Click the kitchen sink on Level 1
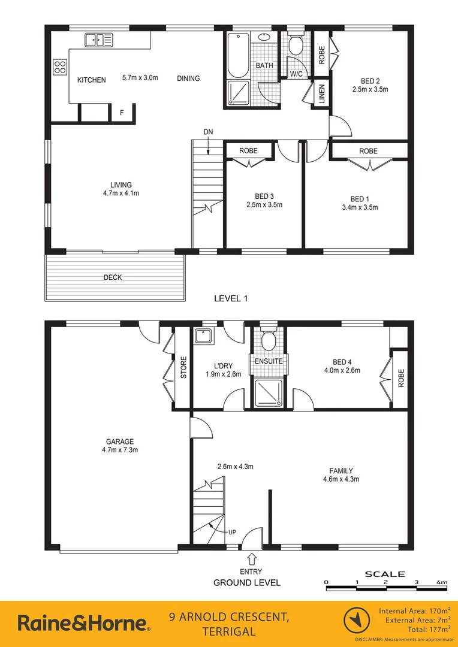point(99,40)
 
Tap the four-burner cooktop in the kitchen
point(60,66)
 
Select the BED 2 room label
point(370,81)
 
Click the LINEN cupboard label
point(321,93)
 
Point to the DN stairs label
point(207,132)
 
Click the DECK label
point(113,277)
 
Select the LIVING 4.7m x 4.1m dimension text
point(120,194)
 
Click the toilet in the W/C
point(296,44)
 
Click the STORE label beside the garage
point(183,368)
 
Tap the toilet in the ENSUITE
point(269,342)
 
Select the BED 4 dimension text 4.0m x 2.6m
point(341,371)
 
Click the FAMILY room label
point(341,471)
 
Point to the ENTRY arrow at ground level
point(251,560)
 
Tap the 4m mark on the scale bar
point(442,582)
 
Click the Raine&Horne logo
point(83,623)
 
